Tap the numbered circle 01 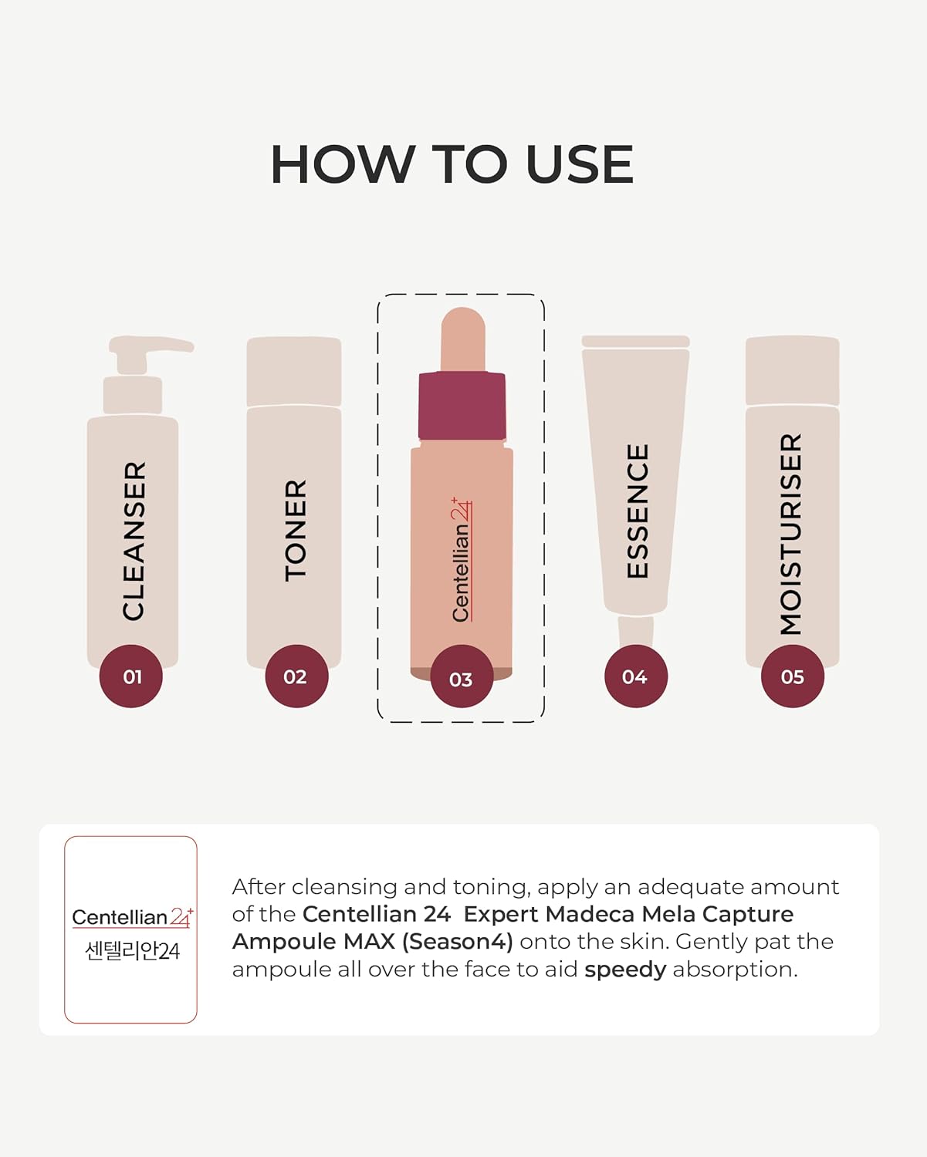tap(131, 676)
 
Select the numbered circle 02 tap(296, 676)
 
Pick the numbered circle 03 tap(462, 679)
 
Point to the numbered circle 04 tap(635, 676)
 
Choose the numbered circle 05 tap(793, 676)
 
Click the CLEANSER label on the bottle tap(134, 541)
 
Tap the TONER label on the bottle tap(296, 530)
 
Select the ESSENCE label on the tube tap(638, 511)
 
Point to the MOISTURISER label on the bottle tap(792, 534)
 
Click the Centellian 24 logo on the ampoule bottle tap(461, 559)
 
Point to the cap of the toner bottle tap(293, 371)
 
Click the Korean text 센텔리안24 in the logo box tap(132, 951)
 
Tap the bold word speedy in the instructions tap(624, 970)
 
